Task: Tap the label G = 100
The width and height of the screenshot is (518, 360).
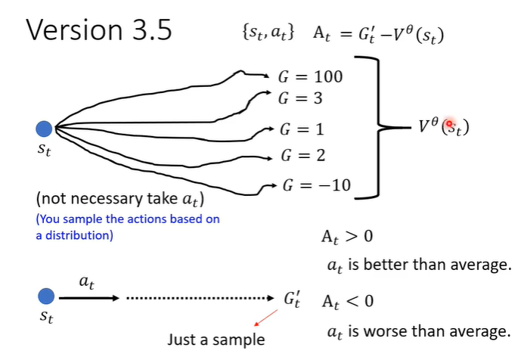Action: click(x=310, y=76)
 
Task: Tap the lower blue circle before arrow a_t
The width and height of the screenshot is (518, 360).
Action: click(x=46, y=297)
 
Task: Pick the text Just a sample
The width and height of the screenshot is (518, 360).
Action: click(x=216, y=339)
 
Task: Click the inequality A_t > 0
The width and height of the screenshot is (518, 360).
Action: click(x=347, y=237)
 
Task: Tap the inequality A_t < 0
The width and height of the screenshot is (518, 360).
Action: click(x=347, y=301)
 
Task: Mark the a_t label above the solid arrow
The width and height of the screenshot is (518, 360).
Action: click(x=86, y=281)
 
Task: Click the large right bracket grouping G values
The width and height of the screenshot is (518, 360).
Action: click(x=371, y=129)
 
